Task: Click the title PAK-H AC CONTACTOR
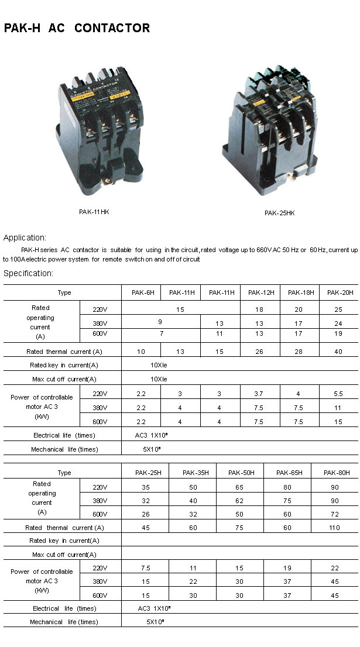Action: point(77,28)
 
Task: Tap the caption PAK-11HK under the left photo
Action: point(94,212)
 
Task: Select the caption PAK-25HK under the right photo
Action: point(279,213)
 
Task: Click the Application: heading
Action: point(25,238)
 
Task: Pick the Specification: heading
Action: point(28,273)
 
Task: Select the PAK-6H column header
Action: point(141,292)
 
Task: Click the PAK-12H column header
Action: point(260,292)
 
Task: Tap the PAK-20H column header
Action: point(340,292)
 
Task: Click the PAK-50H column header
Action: point(240,473)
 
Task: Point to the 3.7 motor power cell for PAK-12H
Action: point(260,393)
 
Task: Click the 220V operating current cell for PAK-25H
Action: point(145,486)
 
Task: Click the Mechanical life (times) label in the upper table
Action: point(64,449)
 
